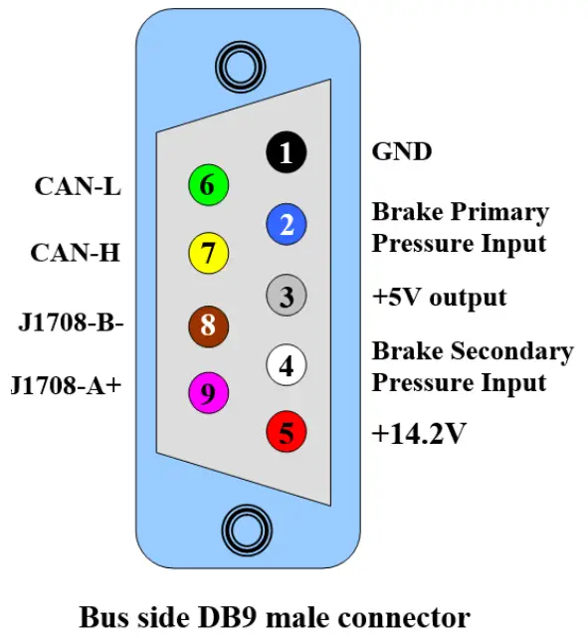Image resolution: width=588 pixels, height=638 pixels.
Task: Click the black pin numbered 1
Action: pyautogui.click(x=287, y=153)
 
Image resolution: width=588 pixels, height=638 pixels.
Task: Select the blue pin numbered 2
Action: pyautogui.click(x=287, y=224)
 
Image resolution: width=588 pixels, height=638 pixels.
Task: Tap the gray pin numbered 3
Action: pyautogui.click(x=287, y=296)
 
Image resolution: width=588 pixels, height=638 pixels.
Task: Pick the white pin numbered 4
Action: pyautogui.click(x=287, y=366)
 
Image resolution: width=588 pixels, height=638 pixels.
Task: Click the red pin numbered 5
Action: pyautogui.click(x=287, y=433)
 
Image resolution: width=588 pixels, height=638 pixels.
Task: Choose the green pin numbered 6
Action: pyautogui.click(x=208, y=185)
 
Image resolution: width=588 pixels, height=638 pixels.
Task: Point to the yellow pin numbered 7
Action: pyautogui.click(x=208, y=253)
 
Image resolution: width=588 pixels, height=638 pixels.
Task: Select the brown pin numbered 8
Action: pyautogui.click(x=208, y=323)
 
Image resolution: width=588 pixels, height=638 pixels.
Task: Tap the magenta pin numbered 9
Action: pyautogui.click(x=208, y=393)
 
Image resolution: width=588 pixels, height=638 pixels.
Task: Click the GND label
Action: pyautogui.click(x=401, y=152)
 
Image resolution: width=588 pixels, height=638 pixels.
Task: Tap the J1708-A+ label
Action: pyautogui.click(x=66, y=385)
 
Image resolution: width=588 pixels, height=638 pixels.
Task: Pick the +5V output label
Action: pyautogui.click(x=439, y=297)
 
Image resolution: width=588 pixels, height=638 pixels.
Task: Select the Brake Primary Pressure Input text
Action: pyautogui.click(x=460, y=227)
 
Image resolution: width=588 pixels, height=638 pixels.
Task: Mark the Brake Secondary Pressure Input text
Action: pyautogui.click(x=472, y=366)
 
